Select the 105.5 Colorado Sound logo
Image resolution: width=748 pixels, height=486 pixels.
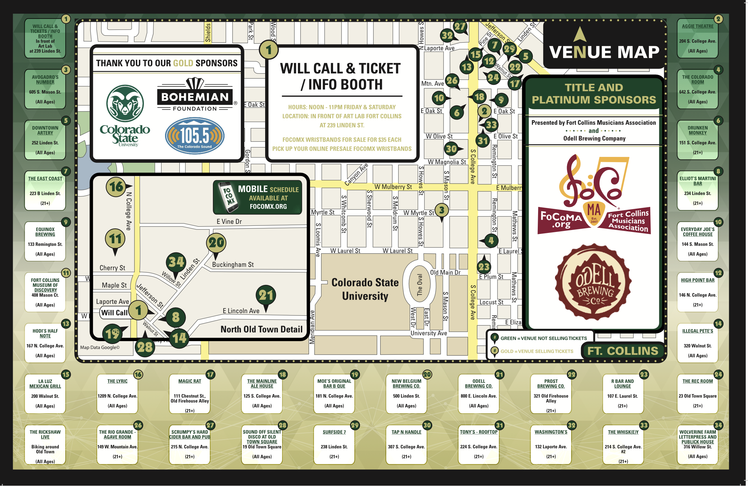coord(195,135)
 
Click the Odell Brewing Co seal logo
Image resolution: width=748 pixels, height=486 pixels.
coord(594,282)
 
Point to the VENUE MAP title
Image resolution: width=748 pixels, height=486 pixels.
coord(604,52)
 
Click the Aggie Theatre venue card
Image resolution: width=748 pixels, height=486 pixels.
coord(697,38)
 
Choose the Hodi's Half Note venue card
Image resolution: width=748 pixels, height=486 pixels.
coord(45,343)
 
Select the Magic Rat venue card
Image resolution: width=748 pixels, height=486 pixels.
coord(190,394)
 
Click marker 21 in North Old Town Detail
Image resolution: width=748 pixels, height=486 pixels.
coord(266,295)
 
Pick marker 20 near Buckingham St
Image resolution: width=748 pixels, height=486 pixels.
coord(216,243)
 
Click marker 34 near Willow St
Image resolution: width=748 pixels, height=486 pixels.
coord(176,262)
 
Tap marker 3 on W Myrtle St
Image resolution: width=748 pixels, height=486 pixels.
coord(442,210)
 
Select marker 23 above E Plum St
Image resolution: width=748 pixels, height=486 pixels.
coord(484,267)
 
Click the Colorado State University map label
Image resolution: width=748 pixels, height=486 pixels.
coord(365,289)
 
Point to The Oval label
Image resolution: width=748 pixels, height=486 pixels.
coord(419,285)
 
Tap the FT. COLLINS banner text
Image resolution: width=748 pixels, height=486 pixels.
coord(623,351)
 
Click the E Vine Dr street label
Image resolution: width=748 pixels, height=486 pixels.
coord(229,222)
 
